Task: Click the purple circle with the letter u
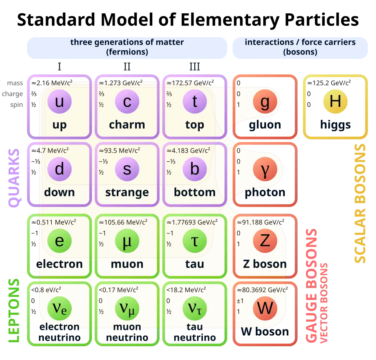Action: tap(60, 102)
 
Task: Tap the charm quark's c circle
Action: tap(127, 102)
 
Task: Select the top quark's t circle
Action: tap(195, 102)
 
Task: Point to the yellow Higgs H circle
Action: tap(335, 101)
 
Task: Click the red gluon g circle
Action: tap(265, 102)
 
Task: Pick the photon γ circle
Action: tap(265, 169)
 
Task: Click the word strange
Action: tap(127, 192)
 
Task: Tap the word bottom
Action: tap(195, 192)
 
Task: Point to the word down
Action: tap(60, 192)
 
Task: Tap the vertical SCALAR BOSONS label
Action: tap(360, 203)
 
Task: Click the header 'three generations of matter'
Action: tap(127, 42)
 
